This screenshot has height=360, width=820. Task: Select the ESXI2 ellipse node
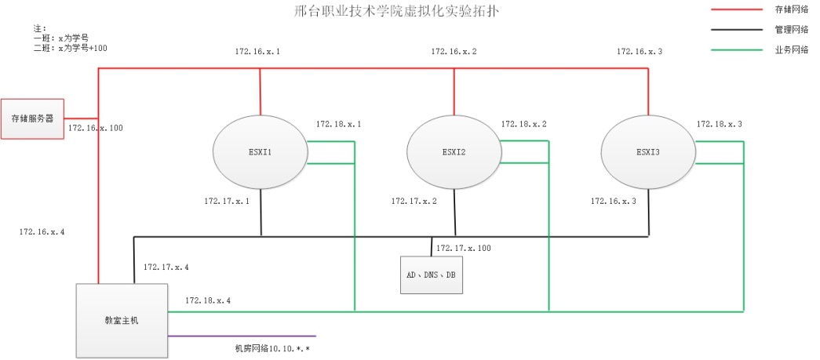point(454,152)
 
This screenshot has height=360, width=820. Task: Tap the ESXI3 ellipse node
point(648,152)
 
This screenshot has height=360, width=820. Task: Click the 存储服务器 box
point(32,118)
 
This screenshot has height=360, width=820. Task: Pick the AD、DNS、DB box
point(431,275)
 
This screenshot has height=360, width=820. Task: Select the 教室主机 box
point(121,320)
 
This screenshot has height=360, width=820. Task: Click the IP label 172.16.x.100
point(95,128)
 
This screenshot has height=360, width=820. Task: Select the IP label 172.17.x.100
point(463,249)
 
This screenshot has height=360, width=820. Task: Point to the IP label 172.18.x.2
point(524,125)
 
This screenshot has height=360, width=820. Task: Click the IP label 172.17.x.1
point(227,202)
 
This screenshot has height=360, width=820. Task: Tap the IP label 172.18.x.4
point(208,300)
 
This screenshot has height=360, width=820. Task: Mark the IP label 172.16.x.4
point(42,232)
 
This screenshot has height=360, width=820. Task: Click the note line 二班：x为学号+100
point(71,48)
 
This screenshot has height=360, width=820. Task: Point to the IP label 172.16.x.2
point(454,52)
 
